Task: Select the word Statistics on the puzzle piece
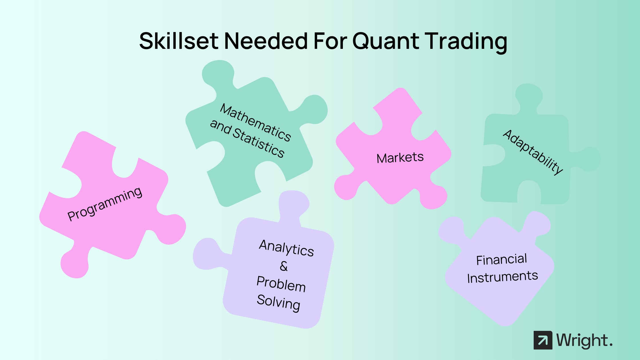(258, 143)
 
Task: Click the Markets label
(400, 158)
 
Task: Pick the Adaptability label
(533, 152)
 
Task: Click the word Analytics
(287, 248)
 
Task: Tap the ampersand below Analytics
(283, 266)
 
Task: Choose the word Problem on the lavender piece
(281, 284)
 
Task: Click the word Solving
(279, 303)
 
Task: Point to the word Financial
(501, 260)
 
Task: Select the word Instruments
(503, 277)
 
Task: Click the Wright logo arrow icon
(543, 340)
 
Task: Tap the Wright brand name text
(585, 340)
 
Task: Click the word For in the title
(330, 41)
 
